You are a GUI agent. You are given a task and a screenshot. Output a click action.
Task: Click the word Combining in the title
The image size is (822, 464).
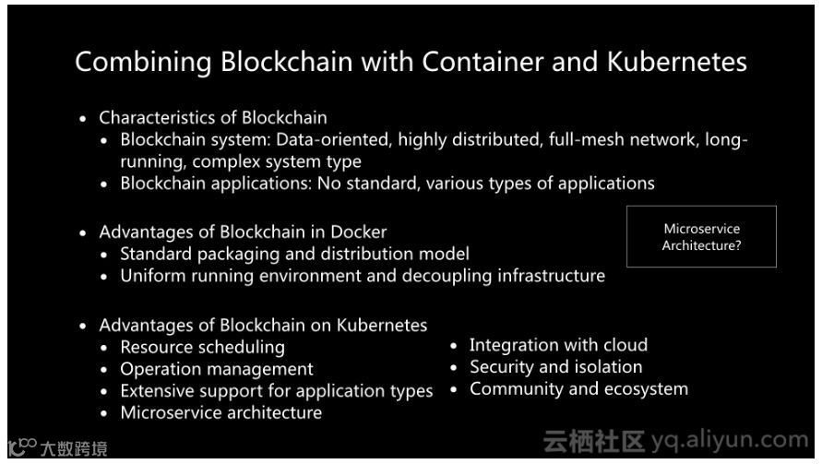(x=143, y=62)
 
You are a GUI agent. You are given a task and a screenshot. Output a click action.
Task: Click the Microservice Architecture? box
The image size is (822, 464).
(x=701, y=237)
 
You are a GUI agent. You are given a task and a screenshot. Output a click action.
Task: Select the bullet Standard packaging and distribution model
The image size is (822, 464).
(x=295, y=254)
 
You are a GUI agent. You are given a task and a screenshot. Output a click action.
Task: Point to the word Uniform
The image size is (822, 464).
(x=150, y=276)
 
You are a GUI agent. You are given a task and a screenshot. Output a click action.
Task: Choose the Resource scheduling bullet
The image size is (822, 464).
(x=203, y=347)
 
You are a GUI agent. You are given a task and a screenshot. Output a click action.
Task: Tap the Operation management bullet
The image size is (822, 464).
(x=217, y=369)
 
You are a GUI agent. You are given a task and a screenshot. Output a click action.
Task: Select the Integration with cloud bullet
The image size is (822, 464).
(x=558, y=345)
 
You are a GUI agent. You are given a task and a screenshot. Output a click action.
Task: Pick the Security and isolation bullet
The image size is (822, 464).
(x=555, y=367)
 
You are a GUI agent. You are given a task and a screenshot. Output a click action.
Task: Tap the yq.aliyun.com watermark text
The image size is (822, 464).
(x=729, y=441)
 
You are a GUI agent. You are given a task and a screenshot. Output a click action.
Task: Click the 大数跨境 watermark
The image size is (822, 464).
(x=74, y=449)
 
